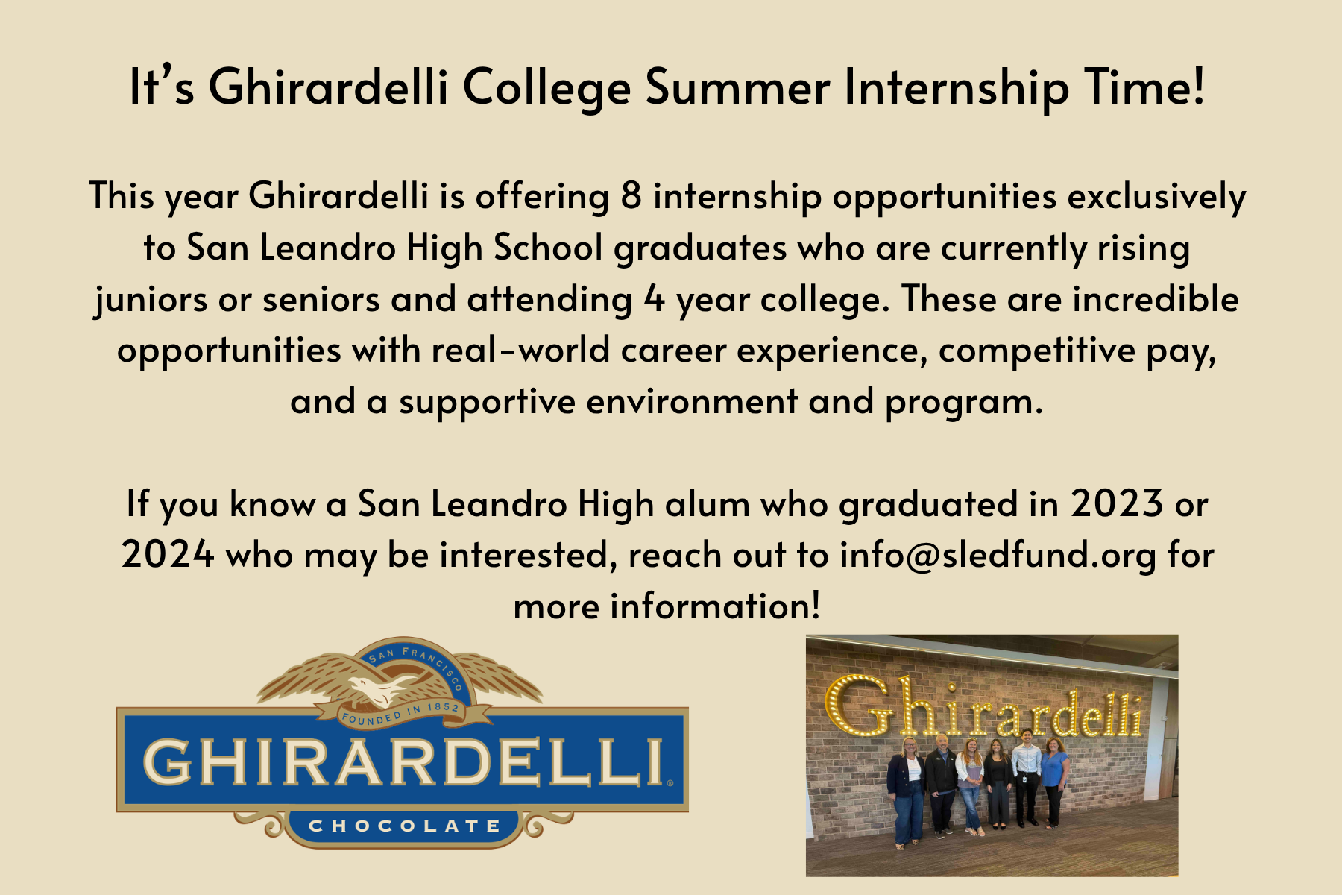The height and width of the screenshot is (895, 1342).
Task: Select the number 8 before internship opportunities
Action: (631, 196)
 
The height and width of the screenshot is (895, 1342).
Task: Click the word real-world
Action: (520, 349)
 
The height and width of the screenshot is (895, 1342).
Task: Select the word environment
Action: (692, 402)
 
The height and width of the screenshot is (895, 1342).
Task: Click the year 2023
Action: (1117, 503)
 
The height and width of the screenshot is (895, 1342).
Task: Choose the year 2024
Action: (168, 555)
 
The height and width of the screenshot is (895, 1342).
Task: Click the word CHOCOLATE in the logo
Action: (405, 826)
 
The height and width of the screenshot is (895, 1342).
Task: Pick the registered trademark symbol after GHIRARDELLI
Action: (670, 784)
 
